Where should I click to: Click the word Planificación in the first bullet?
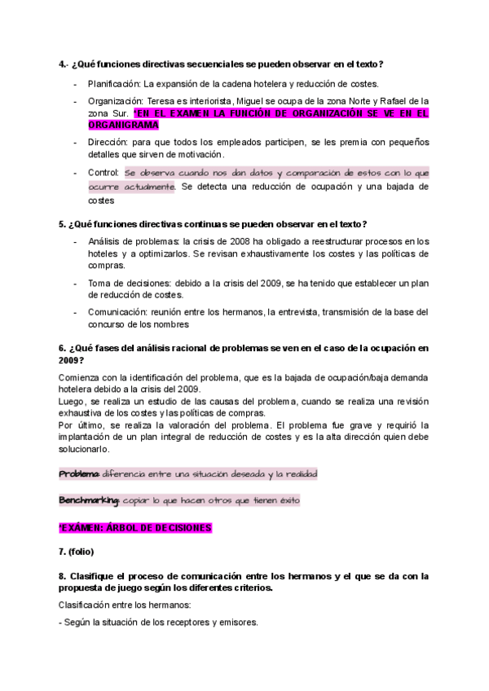click(112, 84)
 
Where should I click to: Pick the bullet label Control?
click(103, 174)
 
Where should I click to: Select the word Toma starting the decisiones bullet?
click(99, 281)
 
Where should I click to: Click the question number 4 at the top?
click(62, 64)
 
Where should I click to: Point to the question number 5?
click(62, 223)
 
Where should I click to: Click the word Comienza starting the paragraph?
click(80, 376)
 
